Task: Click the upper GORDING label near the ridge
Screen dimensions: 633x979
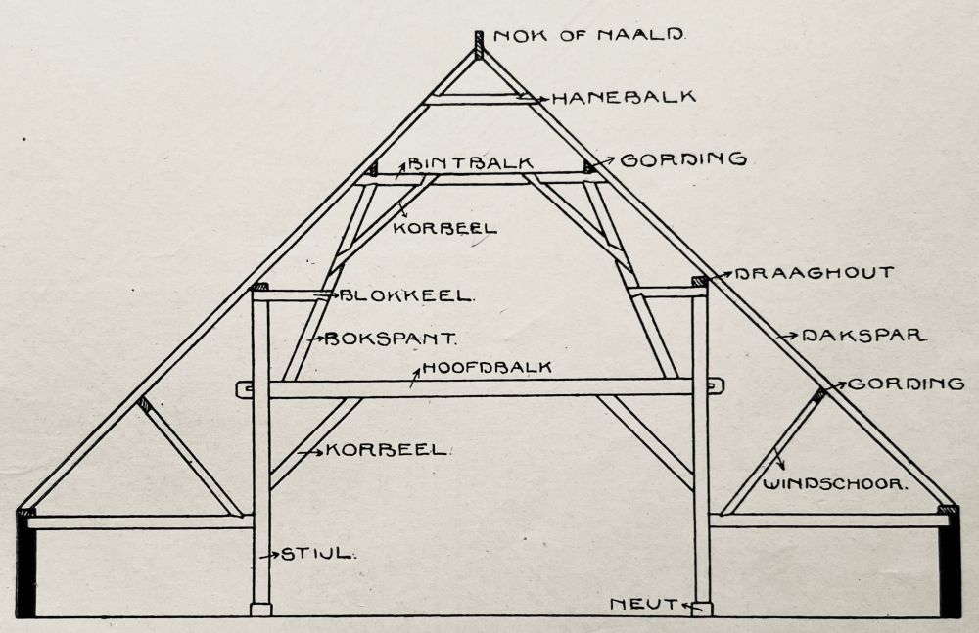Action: (684, 158)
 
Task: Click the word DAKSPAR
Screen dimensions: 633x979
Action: (863, 335)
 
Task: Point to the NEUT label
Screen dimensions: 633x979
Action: (643, 605)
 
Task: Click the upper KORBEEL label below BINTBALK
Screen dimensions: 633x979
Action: (444, 228)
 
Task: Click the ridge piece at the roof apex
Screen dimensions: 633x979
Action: (479, 45)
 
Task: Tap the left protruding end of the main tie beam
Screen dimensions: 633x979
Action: (244, 388)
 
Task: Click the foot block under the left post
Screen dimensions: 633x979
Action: (260, 610)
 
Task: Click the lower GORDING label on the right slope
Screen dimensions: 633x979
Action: (906, 384)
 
